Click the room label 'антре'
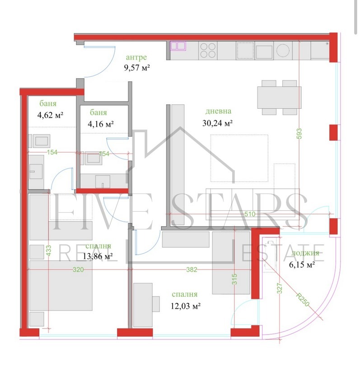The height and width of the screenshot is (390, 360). coord(136,58)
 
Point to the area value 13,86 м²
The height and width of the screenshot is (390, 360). coord(97,256)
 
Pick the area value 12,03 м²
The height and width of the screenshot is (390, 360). coord(186,306)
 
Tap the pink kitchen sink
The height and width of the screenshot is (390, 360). coord(178,46)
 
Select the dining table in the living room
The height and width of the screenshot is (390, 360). coord(277,97)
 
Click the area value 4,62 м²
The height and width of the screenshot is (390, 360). coord(50,115)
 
